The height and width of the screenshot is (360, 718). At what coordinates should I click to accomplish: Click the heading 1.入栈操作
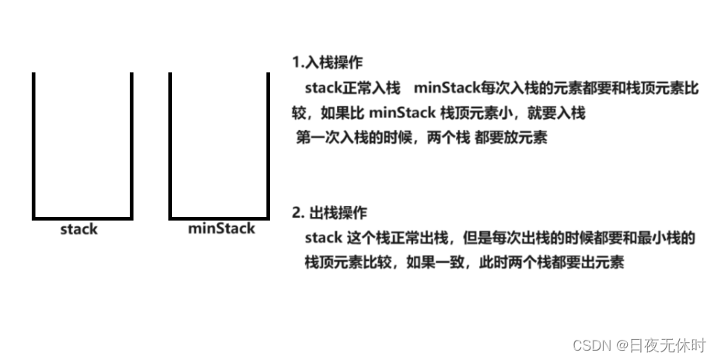326,61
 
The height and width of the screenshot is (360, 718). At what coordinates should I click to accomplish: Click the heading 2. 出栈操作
329,212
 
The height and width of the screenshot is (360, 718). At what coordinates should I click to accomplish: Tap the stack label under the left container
79,229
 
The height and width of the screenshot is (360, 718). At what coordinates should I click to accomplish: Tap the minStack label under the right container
221,229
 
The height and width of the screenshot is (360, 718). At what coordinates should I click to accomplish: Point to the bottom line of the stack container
82,217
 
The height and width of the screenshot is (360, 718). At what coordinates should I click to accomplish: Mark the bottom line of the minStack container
219,217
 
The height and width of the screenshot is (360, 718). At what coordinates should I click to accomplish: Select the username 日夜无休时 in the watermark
670,344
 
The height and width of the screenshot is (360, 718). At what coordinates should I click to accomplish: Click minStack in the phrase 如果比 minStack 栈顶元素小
402,114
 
